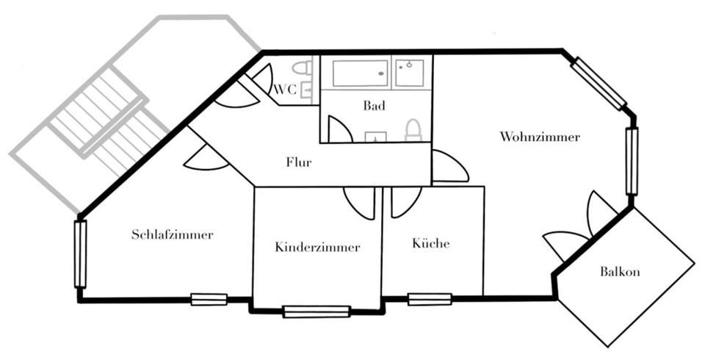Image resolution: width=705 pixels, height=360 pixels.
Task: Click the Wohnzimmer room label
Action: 540,137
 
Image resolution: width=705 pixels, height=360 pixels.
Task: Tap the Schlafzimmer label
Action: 173,235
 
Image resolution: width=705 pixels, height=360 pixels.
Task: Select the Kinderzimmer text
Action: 317,248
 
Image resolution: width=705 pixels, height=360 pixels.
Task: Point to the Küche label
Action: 431,244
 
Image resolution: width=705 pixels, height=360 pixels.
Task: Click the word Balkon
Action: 620,272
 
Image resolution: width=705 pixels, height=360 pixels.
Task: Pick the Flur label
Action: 299,162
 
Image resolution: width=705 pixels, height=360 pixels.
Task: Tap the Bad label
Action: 374,106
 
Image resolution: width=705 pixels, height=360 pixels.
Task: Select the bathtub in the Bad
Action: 360,74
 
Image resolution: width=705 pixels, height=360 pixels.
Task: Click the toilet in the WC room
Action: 301,68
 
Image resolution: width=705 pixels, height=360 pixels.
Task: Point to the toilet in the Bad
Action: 413,130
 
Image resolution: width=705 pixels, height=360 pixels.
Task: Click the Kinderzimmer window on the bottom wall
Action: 317,312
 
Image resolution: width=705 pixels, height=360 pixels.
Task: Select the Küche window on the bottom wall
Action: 430,299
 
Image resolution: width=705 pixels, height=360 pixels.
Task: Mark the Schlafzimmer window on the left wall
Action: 80,254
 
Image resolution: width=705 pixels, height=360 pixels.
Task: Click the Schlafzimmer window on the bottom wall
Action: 209,300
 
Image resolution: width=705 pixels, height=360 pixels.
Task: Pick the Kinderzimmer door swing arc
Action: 361,204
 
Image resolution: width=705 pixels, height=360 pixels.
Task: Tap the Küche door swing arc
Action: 404,202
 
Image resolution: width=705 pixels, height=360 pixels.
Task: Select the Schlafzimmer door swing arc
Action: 206,158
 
